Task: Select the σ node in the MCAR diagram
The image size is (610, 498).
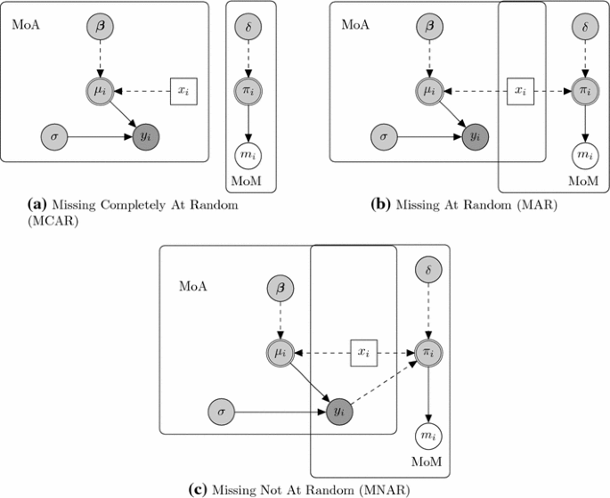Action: [55, 137]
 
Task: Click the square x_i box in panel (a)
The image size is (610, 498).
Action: [183, 91]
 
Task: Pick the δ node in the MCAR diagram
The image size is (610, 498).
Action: [250, 29]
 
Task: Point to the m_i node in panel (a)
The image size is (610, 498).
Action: [250, 154]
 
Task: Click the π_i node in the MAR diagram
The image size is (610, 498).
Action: [584, 91]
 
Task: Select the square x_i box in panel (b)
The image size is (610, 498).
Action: [518, 91]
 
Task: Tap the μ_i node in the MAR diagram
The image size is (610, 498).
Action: [431, 91]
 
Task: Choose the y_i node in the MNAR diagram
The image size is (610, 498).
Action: [338, 412]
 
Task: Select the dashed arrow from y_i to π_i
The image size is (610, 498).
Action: [385, 385]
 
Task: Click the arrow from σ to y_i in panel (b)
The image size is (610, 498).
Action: [427, 137]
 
